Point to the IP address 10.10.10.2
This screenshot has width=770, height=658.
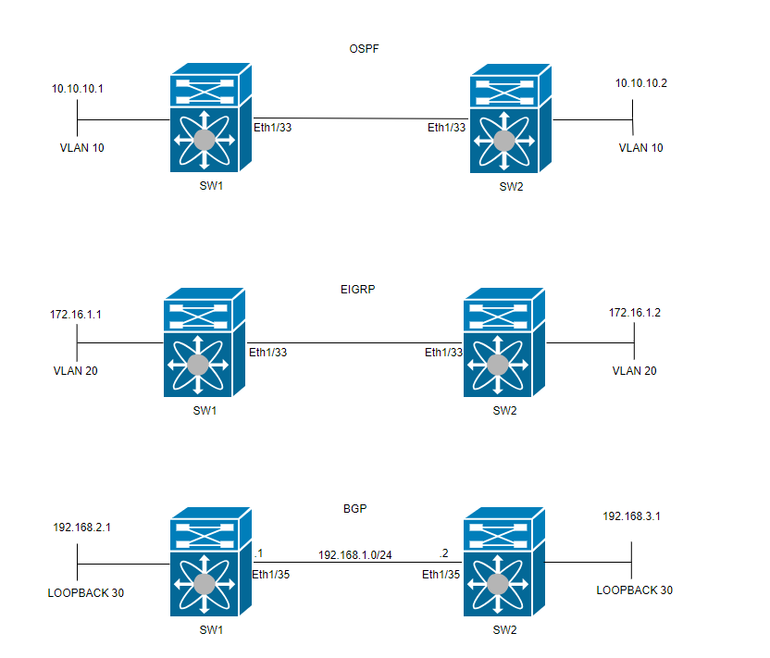[x=641, y=83]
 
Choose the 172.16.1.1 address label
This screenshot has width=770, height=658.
[x=76, y=316]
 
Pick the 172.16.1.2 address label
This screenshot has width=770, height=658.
[x=634, y=313]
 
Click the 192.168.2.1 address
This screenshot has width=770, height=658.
[x=82, y=527]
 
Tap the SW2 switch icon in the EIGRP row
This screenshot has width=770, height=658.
[x=504, y=341]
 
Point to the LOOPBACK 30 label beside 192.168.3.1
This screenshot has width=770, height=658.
[x=634, y=590]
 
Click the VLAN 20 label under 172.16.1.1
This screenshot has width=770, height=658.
[x=76, y=370]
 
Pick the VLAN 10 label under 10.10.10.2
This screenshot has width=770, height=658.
[x=641, y=147]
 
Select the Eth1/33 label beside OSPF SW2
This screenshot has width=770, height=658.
[x=445, y=128]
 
